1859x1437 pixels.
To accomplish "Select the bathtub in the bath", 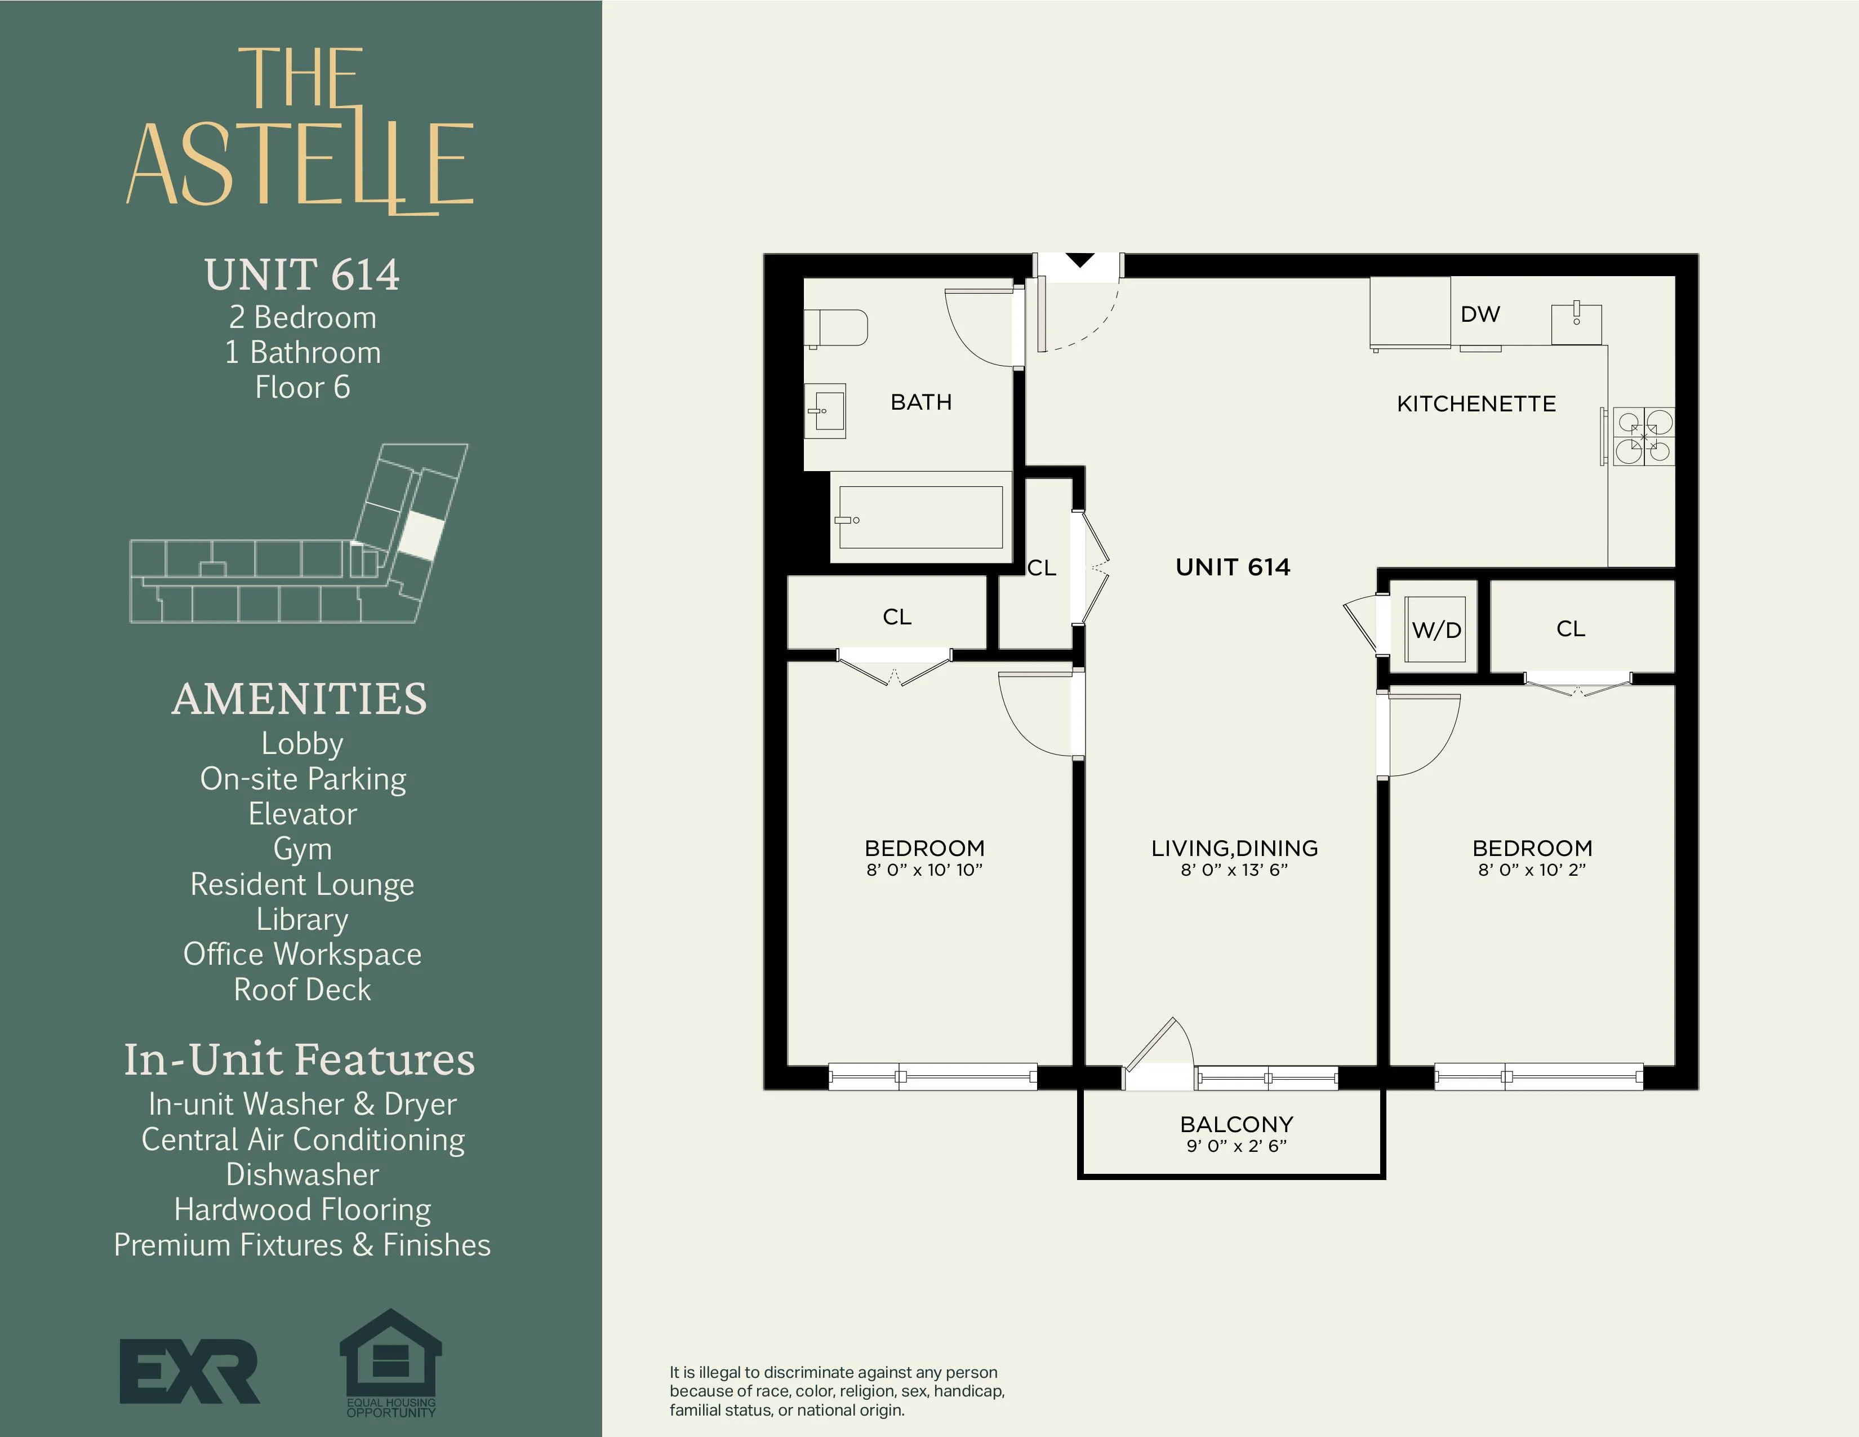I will [x=920, y=517].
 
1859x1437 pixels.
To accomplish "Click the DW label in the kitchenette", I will [x=1480, y=314].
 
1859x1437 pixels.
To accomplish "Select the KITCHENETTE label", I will [x=1476, y=403].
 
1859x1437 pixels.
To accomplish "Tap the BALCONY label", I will [x=1236, y=1125].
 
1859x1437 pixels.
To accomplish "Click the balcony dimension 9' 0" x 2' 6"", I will [x=1236, y=1146].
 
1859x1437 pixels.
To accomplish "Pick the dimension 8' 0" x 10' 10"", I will [x=924, y=870].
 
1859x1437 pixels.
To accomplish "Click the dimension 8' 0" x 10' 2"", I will [x=1532, y=870].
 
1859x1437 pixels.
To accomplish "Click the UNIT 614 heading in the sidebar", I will [x=302, y=275].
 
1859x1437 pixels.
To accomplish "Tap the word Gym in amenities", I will [x=302, y=849].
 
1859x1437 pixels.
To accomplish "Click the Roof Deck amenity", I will [x=302, y=989].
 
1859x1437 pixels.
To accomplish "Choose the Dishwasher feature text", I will [x=302, y=1174].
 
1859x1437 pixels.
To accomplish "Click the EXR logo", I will [x=189, y=1371].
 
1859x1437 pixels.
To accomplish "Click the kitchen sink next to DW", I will [x=1576, y=323].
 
